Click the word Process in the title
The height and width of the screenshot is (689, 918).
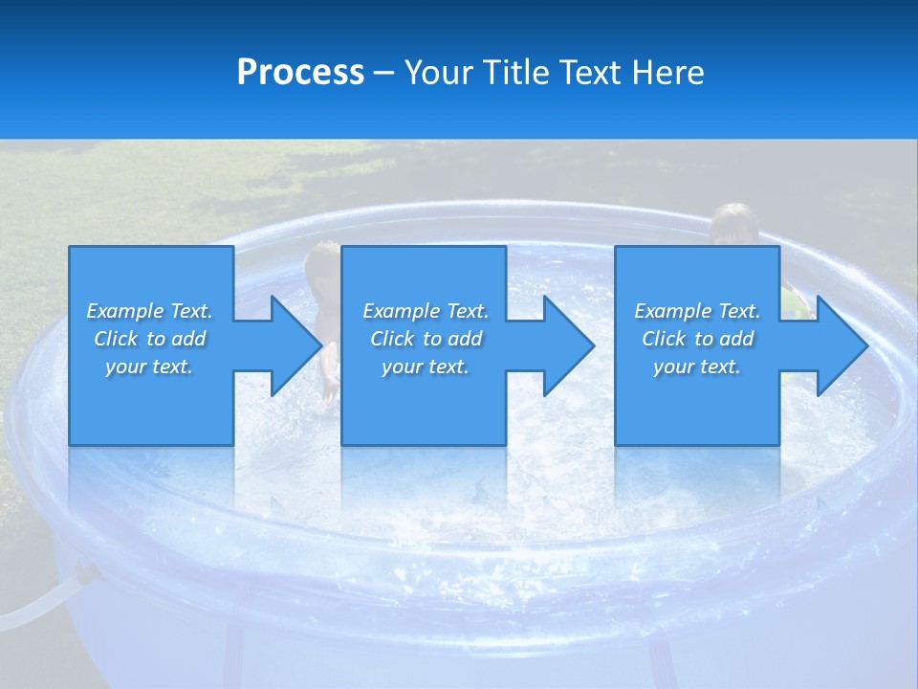pos(300,73)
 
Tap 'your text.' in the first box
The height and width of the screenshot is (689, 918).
pos(149,367)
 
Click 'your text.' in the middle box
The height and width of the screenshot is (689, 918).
pos(426,367)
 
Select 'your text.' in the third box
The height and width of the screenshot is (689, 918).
pos(697,367)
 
